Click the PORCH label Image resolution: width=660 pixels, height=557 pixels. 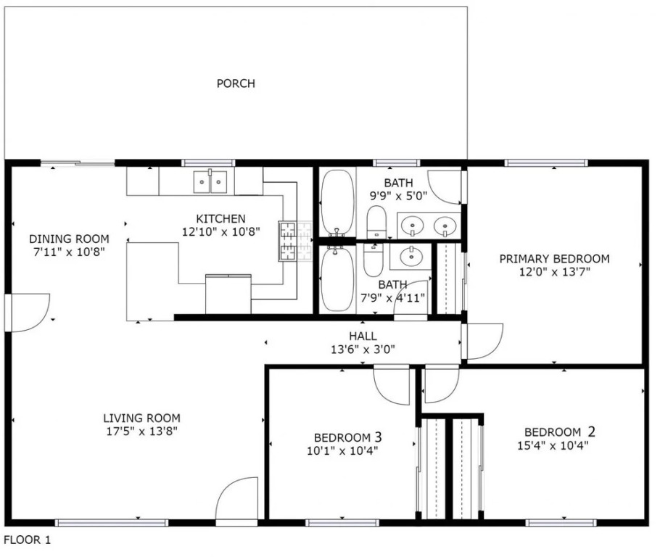[x=236, y=83]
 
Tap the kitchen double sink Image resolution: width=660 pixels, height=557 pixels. [x=210, y=182]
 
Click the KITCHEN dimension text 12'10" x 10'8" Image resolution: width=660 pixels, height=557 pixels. [x=221, y=231]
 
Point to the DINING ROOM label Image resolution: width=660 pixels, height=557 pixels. [x=69, y=239]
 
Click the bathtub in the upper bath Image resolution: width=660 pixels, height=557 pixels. [x=337, y=202]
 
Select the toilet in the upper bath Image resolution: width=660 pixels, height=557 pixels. [x=376, y=223]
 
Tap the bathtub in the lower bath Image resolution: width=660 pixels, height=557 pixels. [x=337, y=278]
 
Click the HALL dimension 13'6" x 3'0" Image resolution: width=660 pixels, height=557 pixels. [x=363, y=350]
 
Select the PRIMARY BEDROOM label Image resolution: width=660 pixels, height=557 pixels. [x=554, y=258]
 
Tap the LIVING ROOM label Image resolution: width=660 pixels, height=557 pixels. [x=142, y=418]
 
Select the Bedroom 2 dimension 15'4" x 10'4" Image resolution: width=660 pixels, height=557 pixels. [x=553, y=445]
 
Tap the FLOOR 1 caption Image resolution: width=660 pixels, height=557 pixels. [x=28, y=540]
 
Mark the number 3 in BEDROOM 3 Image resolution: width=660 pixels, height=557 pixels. [x=378, y=437]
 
